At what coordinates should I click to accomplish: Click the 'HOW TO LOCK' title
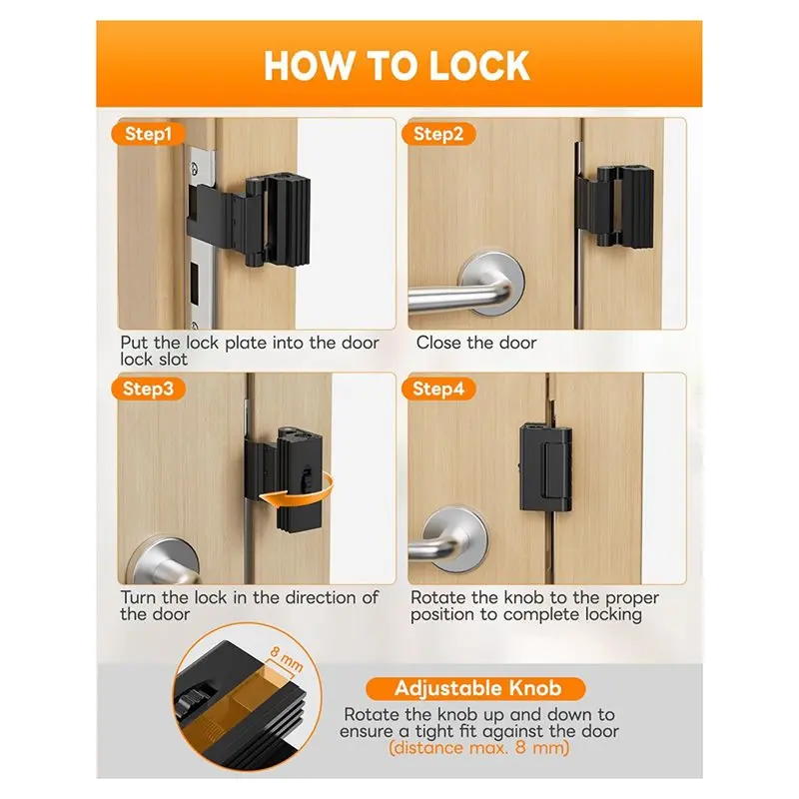397,66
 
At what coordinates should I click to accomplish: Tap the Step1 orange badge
148,134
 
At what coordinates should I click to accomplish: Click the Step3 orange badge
148,389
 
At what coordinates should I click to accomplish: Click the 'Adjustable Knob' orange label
476,688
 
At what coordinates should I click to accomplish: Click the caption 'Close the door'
476,343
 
